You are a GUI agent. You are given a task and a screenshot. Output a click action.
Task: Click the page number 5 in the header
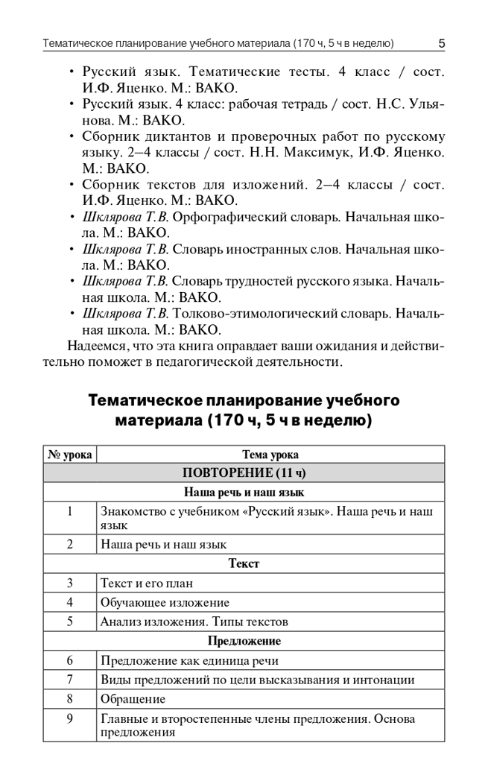click(x=441, y=43)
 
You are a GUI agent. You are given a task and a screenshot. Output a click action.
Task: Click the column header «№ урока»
click(x=69, y=455)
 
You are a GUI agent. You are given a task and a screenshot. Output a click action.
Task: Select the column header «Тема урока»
click(x=270, y=455)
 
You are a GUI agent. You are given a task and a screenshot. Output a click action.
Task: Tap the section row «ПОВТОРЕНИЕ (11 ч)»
click(x=244, y=473)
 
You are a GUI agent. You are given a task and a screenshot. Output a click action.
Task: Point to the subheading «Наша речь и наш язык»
click(x=244, y=492)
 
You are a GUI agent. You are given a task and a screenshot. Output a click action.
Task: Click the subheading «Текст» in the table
click(x=244, y=564)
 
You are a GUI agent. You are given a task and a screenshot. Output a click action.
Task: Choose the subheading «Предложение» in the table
click(x=244, y=641)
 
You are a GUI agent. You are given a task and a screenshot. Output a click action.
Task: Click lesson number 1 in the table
click(x=69, y=511)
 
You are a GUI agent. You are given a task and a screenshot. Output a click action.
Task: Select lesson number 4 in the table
click(x=69, y=602)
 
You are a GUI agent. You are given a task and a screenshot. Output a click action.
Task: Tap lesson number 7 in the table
click(x=69, y=680)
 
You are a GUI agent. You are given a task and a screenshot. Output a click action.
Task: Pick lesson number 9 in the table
click(x=69, y=718)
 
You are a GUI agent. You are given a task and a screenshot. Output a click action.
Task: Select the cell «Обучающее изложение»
click(x=165, y=602)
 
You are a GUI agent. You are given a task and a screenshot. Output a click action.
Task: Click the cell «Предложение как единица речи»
click(x=189, y=660)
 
